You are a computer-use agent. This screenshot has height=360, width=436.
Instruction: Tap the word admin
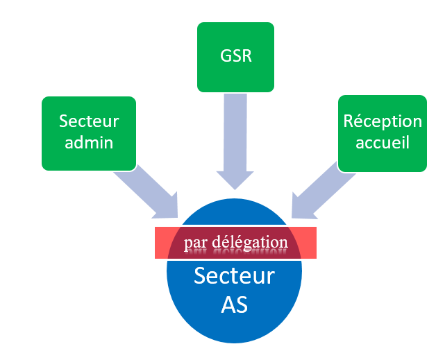click(x=89, y=143)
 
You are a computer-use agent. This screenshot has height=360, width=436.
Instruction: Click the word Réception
click(x=383, y=121)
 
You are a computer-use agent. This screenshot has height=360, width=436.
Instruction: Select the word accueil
click(x=383, y=143)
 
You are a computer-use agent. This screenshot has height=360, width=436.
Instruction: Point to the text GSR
click(x=235, y=56)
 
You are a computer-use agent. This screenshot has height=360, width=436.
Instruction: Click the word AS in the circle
click(x=235, y=304)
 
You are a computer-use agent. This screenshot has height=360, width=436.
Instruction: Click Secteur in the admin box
click(x=89, y=121)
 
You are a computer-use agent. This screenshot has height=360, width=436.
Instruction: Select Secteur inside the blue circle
click(x=235, y=276)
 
